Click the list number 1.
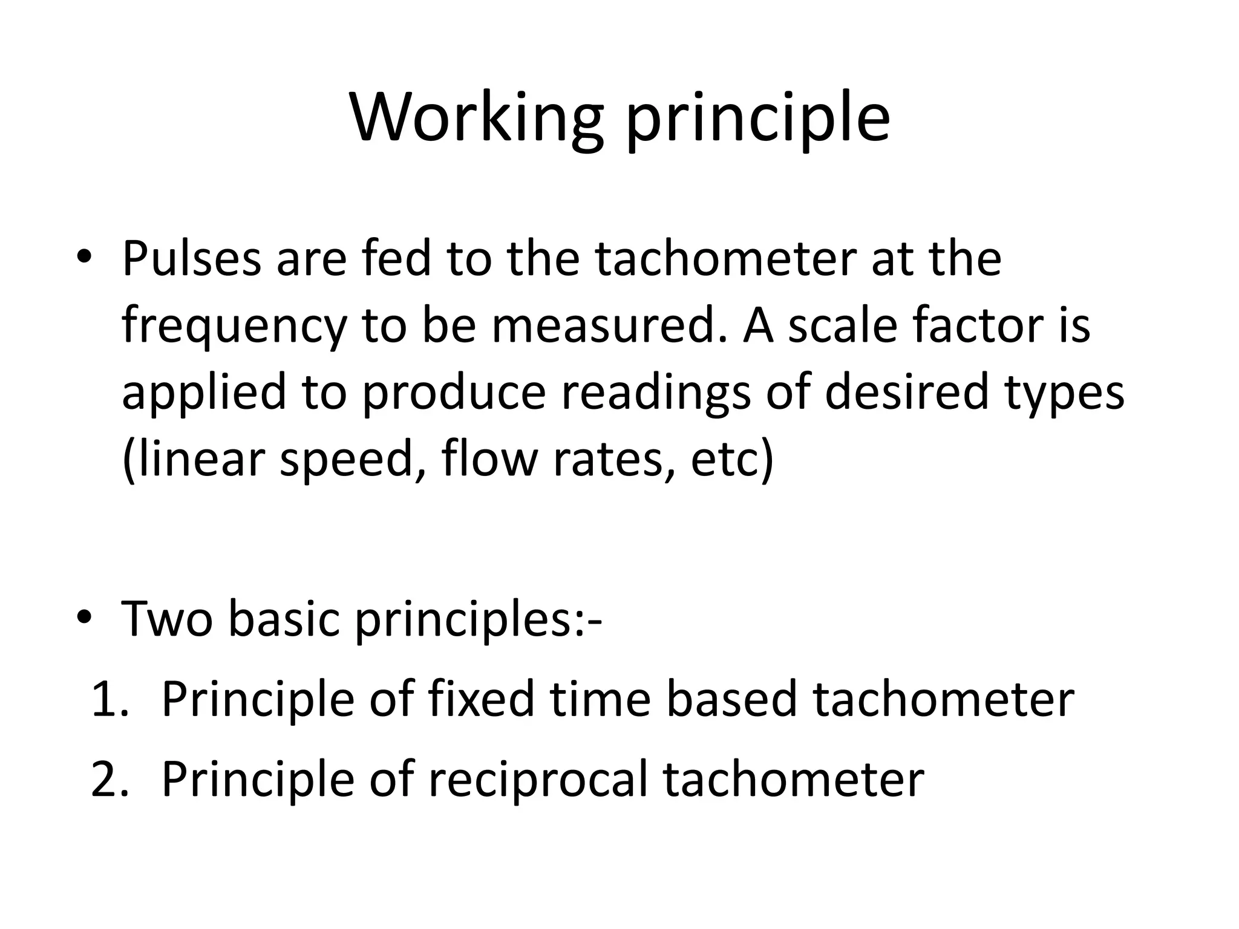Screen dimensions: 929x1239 (x=109, y=700)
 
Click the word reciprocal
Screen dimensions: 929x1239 (x=538, y=780)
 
